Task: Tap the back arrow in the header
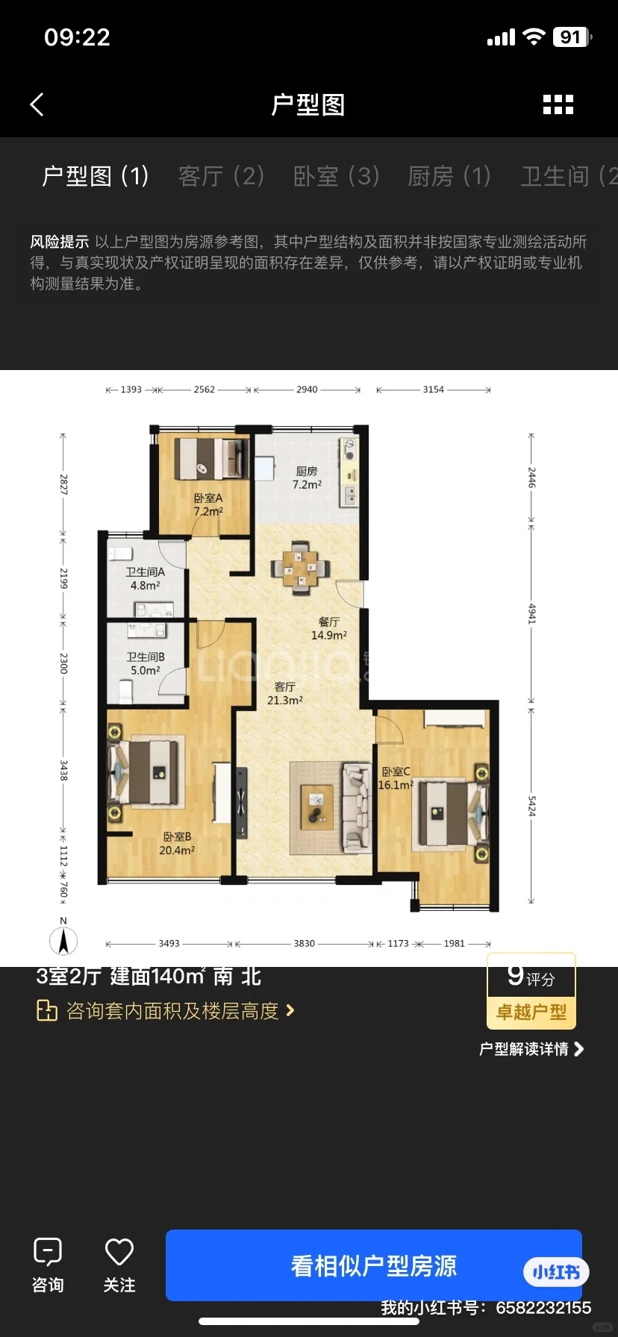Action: (x=37, y=104)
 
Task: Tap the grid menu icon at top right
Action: (x=558, y=104)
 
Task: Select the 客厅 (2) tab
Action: (x=221, y=176)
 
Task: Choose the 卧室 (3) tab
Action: (x=337, y=176)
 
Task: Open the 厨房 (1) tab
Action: (x=449, y=176)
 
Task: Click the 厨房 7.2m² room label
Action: (x=307, y=477)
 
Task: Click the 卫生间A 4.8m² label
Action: (x=145, y=578)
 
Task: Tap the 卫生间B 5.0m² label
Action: (x=146, y=663)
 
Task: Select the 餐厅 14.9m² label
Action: (x=329, y=628)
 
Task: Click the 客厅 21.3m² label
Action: (x=285, y=693)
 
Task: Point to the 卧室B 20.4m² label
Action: (x=177, y=843)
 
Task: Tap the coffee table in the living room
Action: (x=317, y=807)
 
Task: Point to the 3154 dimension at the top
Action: (x=434, y=389)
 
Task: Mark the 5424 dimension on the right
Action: (x=532, y=806)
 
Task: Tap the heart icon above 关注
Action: (x=119, y=1251)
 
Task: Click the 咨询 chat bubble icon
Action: (x=48, y=1251)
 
